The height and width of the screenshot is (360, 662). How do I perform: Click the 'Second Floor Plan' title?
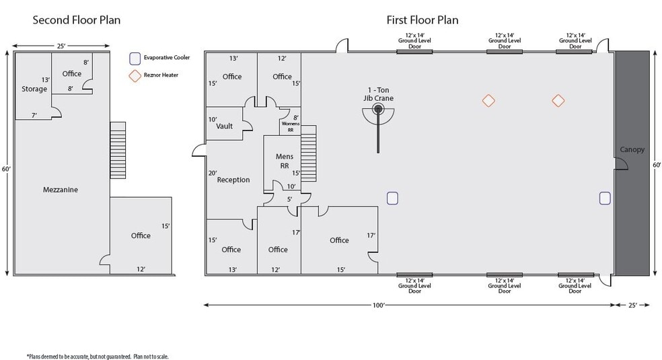[77, 20]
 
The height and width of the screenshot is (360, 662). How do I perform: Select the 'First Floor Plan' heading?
[422, 20]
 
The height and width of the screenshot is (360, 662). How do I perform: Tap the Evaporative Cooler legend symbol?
[136, 58]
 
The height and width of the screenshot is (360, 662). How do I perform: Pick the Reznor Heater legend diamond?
[136, 75]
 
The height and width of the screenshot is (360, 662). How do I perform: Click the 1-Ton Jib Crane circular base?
[378, 108]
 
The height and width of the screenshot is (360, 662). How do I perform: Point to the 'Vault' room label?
[224, 126]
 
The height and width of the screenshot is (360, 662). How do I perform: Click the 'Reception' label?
[233, 180]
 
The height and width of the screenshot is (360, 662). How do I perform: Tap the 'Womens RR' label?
[290, 127]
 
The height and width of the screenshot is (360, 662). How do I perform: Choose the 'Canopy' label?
[632, 149]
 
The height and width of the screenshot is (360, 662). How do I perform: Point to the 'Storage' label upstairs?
[34, 89]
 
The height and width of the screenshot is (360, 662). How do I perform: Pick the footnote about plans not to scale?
[98, 356]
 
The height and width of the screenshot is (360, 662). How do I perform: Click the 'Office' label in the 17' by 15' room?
[339, 240]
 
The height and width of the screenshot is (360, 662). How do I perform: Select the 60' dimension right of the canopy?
[657, 164]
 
